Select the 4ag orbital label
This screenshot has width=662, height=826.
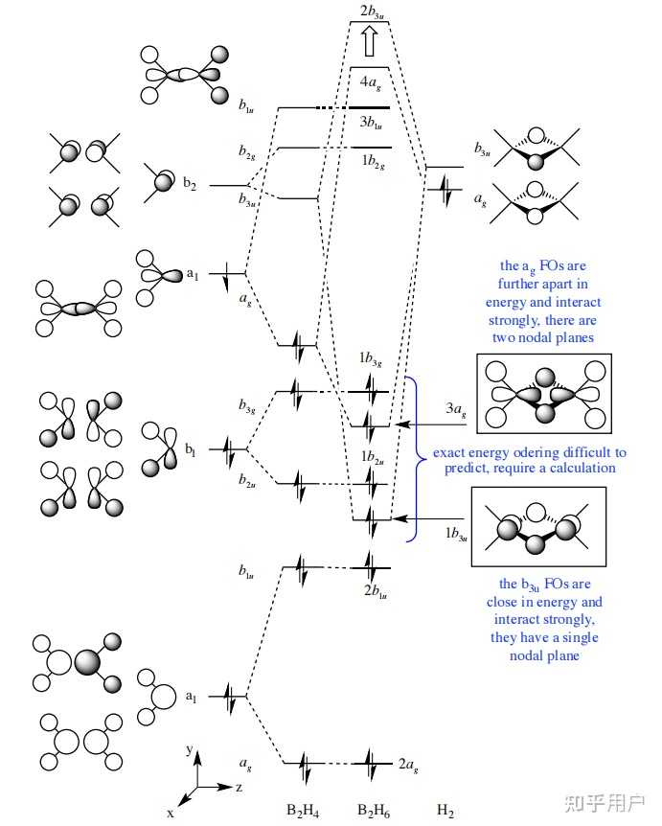[x=370, y=81]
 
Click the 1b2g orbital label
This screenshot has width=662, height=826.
[x=371, y=164]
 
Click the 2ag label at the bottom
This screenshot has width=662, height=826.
[x=407, y=767]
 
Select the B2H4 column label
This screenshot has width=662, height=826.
[x=303, y=811]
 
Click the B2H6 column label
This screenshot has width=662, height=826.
[x=374, y=811]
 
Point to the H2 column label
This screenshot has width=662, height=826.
[x=445, y=811]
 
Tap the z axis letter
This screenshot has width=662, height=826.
[x=238, y=787]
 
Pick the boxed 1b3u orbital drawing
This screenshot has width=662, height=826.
[x=539, y=529]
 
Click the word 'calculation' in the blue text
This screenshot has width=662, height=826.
[x=575, y=468]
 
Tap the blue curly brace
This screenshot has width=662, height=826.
[x=413, y=459]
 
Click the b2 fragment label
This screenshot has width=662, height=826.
[x=190, y=185]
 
